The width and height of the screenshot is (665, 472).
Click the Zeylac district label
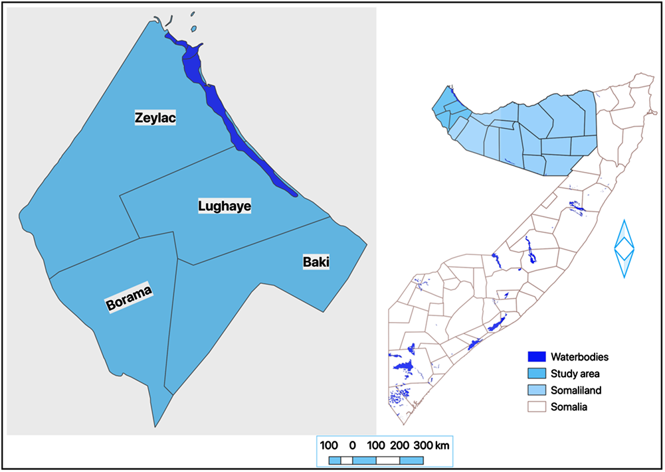(x=159, y=118)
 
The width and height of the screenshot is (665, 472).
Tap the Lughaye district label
(x=225, y=206)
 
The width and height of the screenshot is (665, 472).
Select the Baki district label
(x=316, y=262)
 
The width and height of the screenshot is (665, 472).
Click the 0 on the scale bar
(x=352, y=445)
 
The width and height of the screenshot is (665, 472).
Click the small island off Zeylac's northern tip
(x=194, y=29)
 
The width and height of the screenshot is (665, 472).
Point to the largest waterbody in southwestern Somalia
(x=404, y=366)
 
